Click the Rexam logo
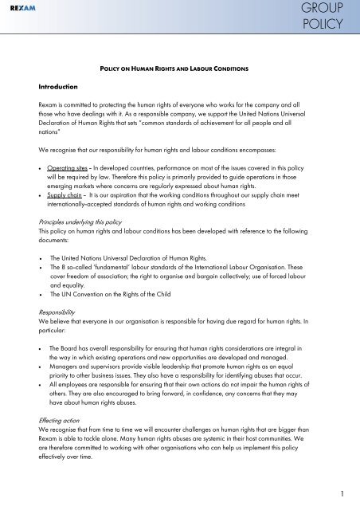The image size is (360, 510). tap(23, 9)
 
